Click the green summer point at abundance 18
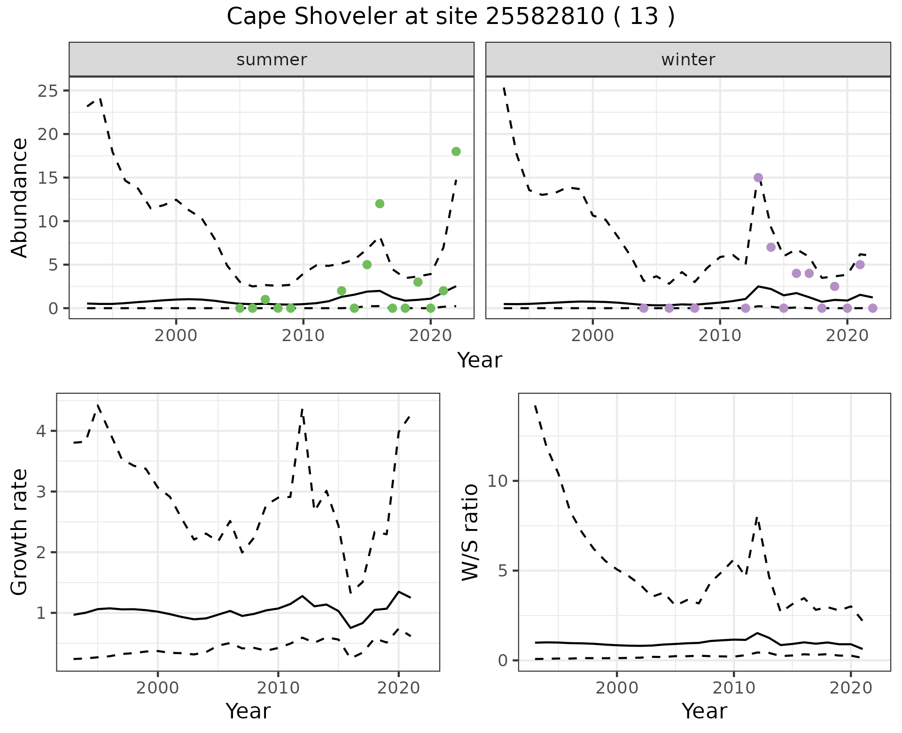tap(456, 151)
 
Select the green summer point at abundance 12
tap(380, 203)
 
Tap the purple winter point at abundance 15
tap(758, 178)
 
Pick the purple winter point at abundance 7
tap(770, 247)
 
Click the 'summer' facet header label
tap(272, 60)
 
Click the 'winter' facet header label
tap(688, 60)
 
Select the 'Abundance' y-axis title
tap(20, 198)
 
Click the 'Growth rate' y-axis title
tap(20, 532)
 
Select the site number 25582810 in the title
tap(544, 17)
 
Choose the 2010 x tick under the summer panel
tap(303, 335)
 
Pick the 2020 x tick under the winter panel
tap(847, 335)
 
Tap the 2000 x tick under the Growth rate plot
tap(157, 688)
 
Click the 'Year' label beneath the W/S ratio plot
tap(704, 711)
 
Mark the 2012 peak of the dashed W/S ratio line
tap(757, 517)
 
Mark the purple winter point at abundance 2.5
tap(834, 286)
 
